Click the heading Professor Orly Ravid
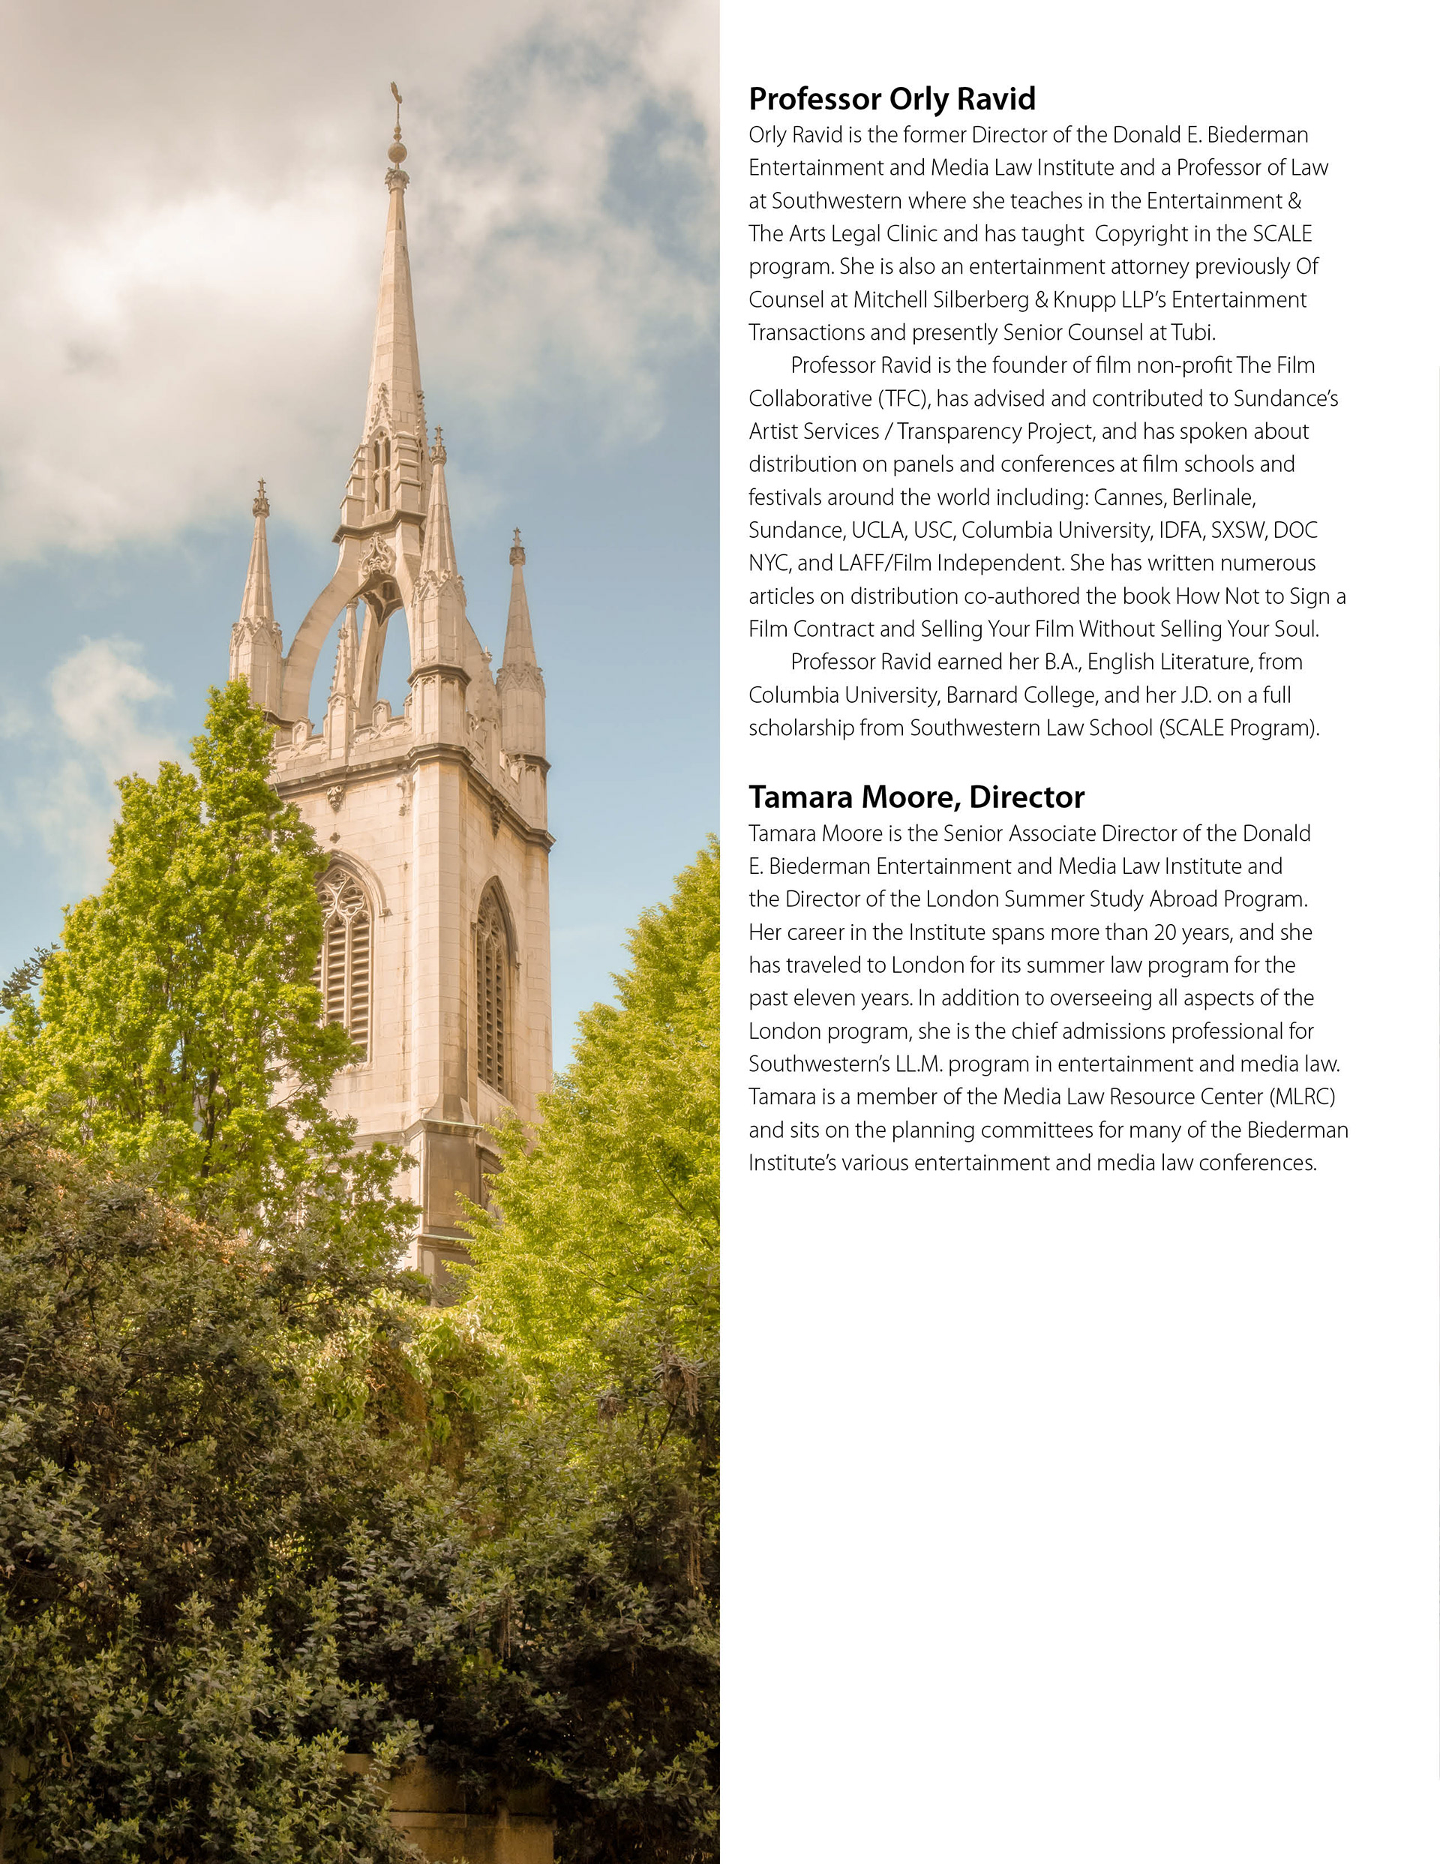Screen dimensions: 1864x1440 tap(891, 99)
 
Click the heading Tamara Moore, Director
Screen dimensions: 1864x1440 tap(916, 797)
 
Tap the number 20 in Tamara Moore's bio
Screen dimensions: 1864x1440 tap(1165, 932)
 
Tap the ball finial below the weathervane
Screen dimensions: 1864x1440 tap(397, 152)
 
